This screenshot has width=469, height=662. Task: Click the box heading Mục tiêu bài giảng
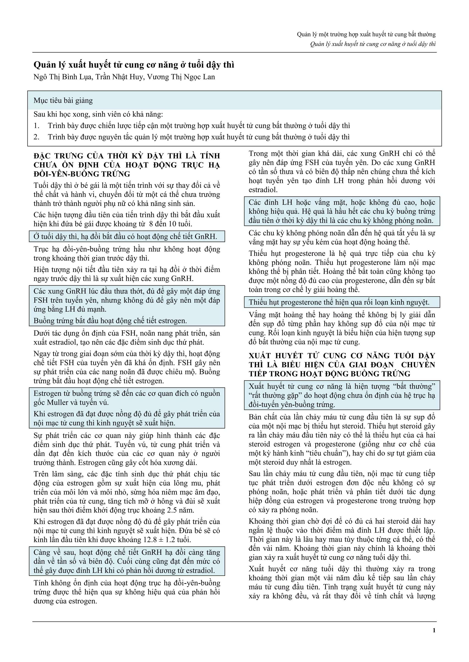click(x=63, y=101)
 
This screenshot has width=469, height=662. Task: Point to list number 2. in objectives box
click(x=36, y=137)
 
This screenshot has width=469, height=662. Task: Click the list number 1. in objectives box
click(x=36, y=126)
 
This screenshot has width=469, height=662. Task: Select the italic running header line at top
click(x=373, y=44)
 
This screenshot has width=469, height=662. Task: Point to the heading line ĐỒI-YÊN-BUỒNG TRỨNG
click(x=82, y=174)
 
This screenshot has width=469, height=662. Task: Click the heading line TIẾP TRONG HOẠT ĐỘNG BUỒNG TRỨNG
click(x=330, y=374)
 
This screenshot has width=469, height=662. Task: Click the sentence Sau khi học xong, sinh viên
click(x=98, y=114)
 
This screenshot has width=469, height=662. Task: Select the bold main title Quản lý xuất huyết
click(x=134, y=65)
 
